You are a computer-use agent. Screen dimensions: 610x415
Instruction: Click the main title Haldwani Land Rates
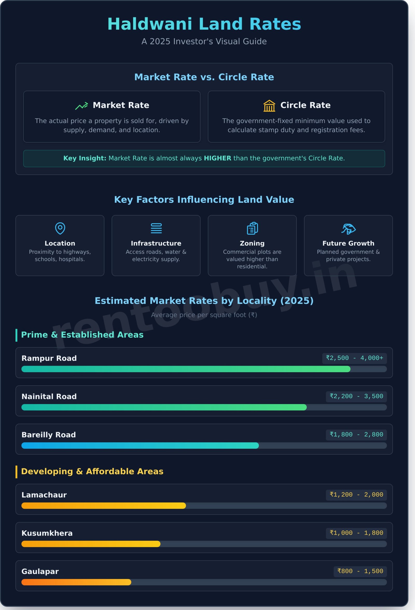(204, 24)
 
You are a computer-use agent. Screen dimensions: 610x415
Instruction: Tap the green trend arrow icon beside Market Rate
(81, 106)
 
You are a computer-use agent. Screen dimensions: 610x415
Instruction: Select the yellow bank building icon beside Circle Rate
(269, 106)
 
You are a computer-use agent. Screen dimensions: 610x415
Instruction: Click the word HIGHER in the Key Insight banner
(217, 158)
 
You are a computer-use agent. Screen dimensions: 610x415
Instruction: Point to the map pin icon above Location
(60, 228)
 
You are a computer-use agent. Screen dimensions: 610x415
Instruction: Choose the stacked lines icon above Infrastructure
(156, 228)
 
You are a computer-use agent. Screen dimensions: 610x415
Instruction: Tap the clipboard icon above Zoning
(252, 228)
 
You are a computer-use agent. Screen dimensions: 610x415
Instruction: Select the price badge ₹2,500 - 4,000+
(354, 358)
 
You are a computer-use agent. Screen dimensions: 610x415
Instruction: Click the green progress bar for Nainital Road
(164, 407)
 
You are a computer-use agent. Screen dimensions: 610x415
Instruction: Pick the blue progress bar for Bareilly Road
(140, 445)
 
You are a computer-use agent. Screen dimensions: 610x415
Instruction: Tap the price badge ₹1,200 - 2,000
(356, 495)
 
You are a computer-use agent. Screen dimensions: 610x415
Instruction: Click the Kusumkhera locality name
(47, 533)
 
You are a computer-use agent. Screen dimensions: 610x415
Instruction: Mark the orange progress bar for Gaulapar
(76, 582)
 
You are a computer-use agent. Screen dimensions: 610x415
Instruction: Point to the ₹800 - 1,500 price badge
(360, 571)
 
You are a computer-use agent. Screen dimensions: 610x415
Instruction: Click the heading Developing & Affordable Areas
(92, 471)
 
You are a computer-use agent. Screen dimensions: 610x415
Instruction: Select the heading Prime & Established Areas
(82, 335)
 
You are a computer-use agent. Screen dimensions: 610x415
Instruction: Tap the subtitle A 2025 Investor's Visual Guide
(204, 41)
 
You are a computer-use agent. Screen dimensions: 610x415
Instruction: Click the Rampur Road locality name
(49, 358)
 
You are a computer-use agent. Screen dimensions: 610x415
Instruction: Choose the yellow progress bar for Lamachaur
(103, 506)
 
